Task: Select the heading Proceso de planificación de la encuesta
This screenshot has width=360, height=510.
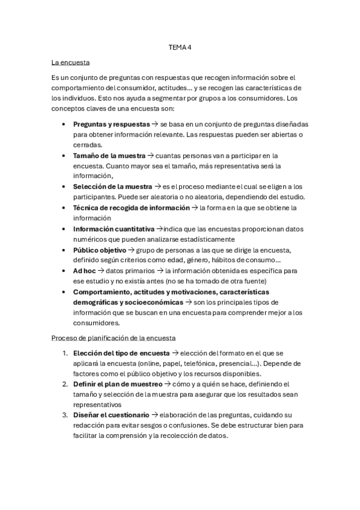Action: pyautogui.click(x=114, y=338)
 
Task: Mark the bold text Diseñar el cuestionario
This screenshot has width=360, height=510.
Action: pyautogui.click(x=111, y=415)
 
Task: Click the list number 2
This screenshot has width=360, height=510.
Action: pyautogui.click(x=65, y=384)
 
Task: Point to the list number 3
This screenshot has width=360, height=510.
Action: pyautogui.click(x=65, y=415)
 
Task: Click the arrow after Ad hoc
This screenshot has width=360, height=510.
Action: pyautogui.click(x=101, y=271)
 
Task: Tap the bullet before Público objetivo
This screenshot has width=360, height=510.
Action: pyautogui.click(x=64, y=250)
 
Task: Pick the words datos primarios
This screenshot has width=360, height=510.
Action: pyautogui.click(x=127, y=271)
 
